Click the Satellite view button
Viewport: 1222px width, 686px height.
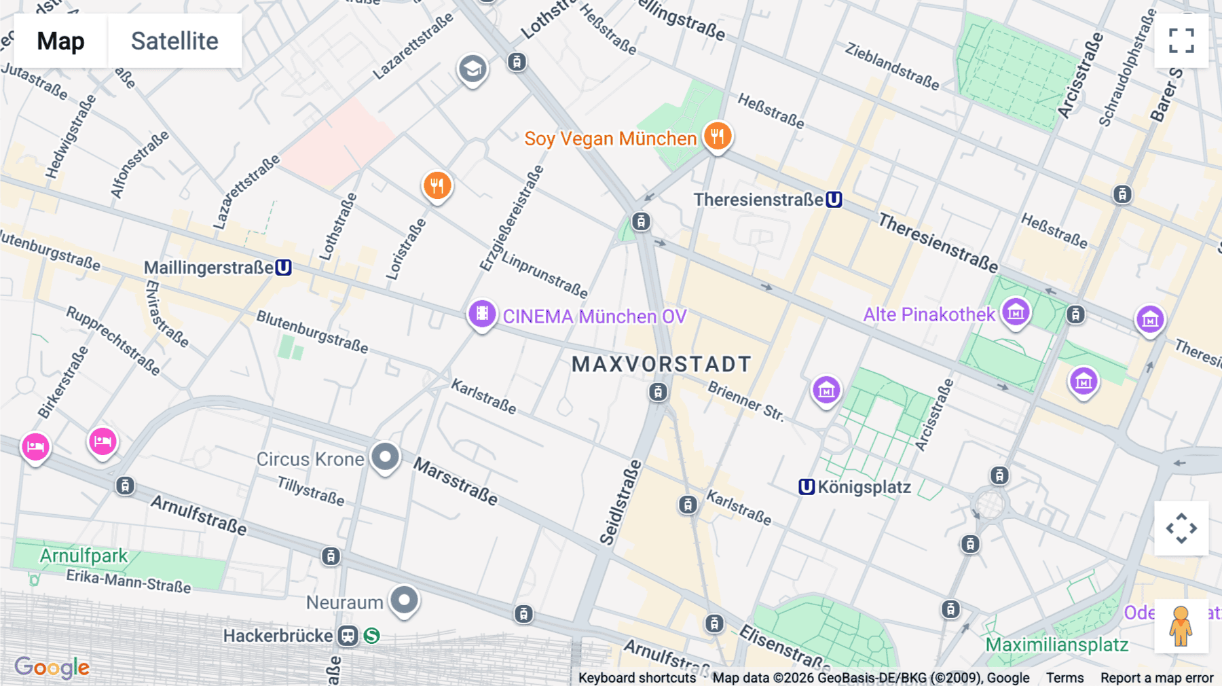pos(174,41)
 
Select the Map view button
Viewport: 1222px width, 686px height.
pos(60,41)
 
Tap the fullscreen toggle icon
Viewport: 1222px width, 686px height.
pos(1181,41)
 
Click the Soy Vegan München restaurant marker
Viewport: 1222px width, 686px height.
pos(717,136)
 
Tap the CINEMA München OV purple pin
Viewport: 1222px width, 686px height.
pos(482,314)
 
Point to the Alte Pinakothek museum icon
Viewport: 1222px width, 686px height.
pos(1016,312)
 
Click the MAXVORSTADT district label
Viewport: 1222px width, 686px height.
pos(661,364)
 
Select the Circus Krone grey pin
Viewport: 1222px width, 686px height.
pos(385,456)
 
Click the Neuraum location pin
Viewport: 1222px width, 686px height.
pos(405,600)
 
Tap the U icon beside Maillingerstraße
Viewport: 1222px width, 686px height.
pos(284,268)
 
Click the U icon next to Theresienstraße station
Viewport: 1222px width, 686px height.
pos(834,200)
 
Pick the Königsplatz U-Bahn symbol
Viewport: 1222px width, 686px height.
pos(806,487)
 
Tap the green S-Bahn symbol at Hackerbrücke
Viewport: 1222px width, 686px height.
pos(371,636)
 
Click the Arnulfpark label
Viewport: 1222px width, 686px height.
pos(83,556)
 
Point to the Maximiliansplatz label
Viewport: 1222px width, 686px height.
pos(1056,645)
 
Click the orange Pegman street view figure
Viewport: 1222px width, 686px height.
pos(1181,626)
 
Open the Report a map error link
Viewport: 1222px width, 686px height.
pos(1156,678)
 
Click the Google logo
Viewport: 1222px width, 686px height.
pos(52,667)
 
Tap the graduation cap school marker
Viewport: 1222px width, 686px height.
pos(473,69)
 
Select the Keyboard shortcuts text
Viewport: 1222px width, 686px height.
pos(637,678)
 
